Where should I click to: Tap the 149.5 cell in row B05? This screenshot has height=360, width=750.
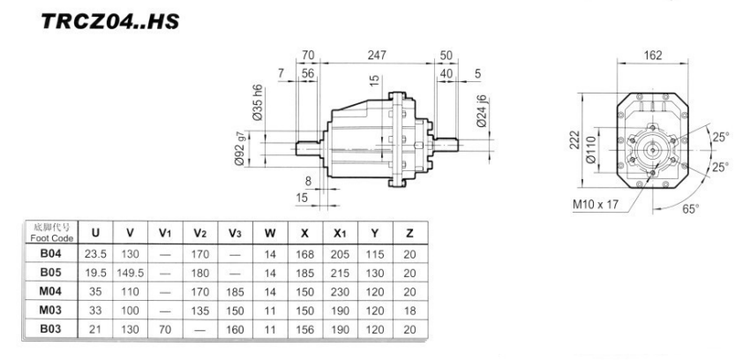[x=130, y=273]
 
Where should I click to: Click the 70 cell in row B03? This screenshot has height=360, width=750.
[x=163, y=329]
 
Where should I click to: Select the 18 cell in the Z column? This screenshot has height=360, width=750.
[x=409, y=311]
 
